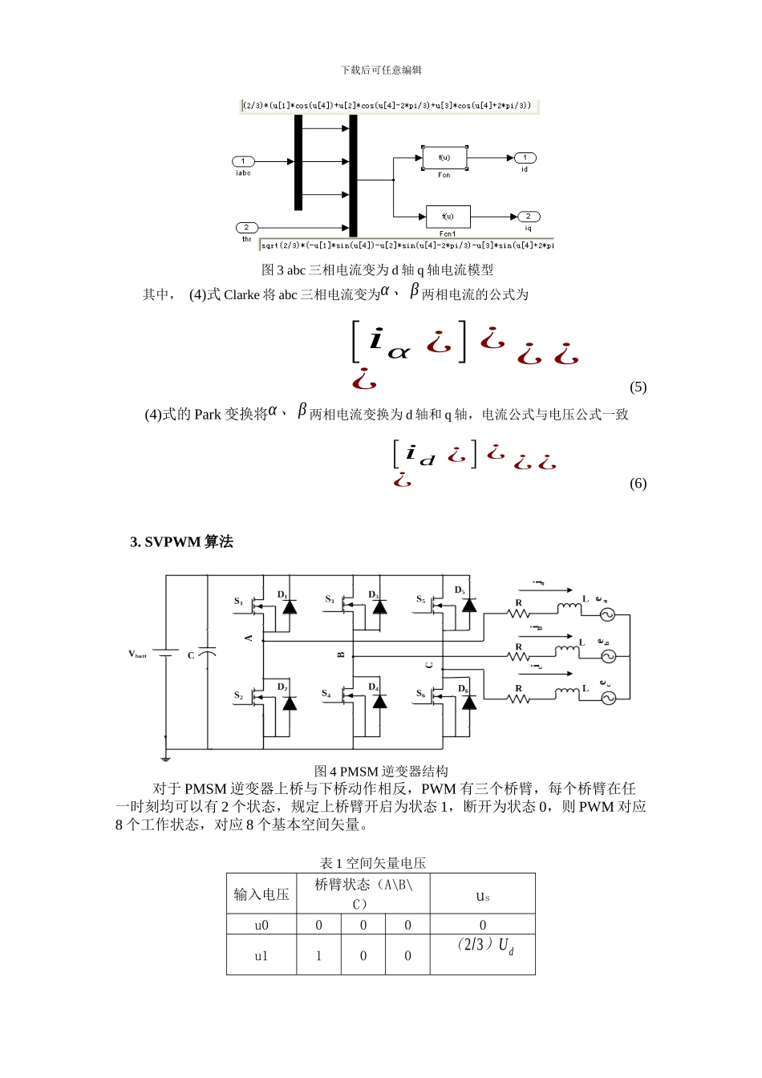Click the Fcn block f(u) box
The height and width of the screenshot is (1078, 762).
[x=444, y=158]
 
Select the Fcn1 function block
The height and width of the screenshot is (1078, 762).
[x=448, y=217]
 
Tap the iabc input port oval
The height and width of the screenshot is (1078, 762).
[x=243, y=161]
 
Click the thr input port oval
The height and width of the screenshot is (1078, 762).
[x=247, y=228]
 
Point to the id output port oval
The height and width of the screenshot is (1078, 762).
[x=525, y=158]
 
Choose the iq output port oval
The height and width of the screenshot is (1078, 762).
[x=528, y=217]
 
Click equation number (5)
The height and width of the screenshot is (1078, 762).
[x=638, y=387]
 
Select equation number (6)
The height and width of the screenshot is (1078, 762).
[x=638, y=484]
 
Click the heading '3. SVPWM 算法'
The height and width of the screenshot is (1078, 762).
[x=181, y=542]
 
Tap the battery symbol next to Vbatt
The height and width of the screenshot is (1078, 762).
[x=166, y=654]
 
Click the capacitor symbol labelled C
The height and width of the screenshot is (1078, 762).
[x=207, y=654]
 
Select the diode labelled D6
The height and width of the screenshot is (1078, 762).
[x=469, y=703]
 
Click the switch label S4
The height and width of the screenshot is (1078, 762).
[x=326, y=694]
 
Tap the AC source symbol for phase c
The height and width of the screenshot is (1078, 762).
[x=608, y=698]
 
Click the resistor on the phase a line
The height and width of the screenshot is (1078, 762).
[x=518, y=614]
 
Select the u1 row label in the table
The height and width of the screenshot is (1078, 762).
[x=261, y=956]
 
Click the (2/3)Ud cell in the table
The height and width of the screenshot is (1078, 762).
[x=483, y=946]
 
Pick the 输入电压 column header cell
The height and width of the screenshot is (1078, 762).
[x=261, y=894]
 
